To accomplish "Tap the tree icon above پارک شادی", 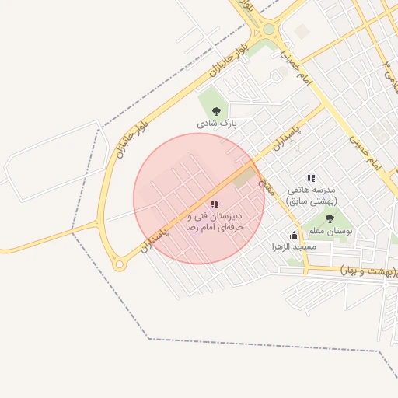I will click(x=216, y=111).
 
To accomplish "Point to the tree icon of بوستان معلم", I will click(x=330, y=219).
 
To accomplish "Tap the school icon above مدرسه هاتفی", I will click(x=311, y=179).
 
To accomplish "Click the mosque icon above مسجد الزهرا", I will click(x=294, y=235).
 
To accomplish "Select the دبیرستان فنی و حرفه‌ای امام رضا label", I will click(x=214, y=221).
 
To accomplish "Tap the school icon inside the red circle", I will click(x=215, y=204).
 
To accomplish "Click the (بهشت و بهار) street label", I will click(x=368, y=271).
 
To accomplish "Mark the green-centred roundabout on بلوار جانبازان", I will click(x=269, y=29).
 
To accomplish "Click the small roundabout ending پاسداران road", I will click(x=119, y=264).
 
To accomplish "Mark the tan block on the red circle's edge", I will click(x=244, y=177).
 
